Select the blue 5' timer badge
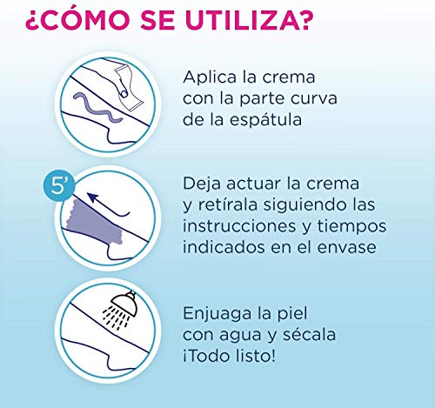[58, 186]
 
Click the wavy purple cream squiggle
[97, 108]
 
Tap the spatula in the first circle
[129, 87]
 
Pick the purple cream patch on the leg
[95, 223]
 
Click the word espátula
[265, 120]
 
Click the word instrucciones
[239, 226]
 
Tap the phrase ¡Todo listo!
[229, 356]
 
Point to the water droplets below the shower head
[116, 318]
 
